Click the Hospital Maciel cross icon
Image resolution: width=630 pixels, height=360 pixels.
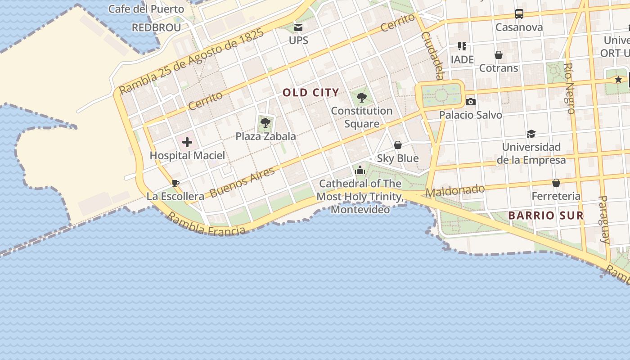tap(187, 143)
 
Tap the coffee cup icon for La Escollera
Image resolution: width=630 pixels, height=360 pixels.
tap(175, 183)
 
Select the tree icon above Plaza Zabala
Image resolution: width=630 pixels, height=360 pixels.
tap(265, 122)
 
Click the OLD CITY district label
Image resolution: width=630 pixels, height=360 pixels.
tap(310, 93)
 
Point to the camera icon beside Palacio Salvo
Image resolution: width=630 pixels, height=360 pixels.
tap(470, 102)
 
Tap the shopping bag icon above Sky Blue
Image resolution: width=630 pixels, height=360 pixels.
tap(397, 145)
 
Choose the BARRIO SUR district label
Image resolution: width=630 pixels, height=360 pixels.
tap(546, 216)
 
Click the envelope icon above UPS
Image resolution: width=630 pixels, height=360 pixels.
tap(298, 27)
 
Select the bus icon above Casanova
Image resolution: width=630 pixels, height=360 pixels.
tap(519, 14)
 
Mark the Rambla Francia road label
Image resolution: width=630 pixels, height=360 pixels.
tap(207, 224)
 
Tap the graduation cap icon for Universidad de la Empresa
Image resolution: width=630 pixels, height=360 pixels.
tap(531, 134)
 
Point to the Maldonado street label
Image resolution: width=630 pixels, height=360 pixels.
tap(455, 191)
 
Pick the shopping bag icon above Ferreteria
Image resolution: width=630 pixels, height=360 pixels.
tap(556, 183)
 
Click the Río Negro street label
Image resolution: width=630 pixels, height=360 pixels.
tap(569, 88)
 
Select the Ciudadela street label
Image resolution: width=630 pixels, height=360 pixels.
tap(433, 55)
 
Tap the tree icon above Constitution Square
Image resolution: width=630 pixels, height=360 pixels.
tap(361, 97)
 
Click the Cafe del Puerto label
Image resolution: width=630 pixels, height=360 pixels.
tap(146, 9)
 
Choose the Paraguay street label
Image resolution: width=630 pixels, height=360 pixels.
tap(604, 219)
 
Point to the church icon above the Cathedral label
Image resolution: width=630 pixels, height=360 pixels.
tap(360, 170)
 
